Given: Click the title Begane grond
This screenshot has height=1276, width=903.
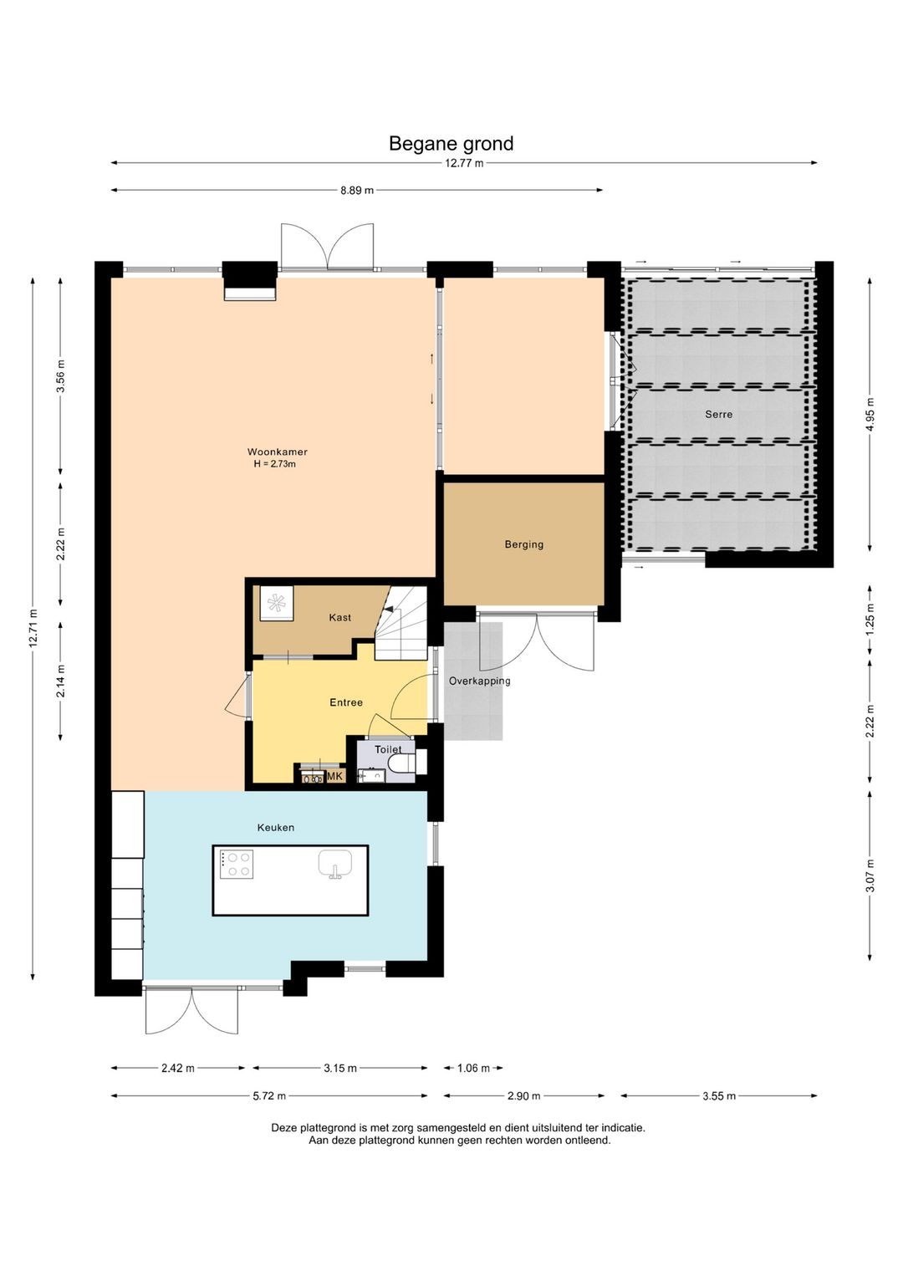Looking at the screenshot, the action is (x=451, y=144).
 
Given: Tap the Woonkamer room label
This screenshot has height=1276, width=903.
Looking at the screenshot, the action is (x=277, y=452).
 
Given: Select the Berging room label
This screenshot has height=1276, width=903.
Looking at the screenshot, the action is (x=523, y=544).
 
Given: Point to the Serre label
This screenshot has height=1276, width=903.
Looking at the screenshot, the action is (x=718, y=414).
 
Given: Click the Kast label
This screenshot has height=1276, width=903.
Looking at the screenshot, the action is (x=339, y=617).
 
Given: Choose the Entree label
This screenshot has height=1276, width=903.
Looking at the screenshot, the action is (x=346, y=702).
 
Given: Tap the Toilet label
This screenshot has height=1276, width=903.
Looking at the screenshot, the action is (x=387, y=750).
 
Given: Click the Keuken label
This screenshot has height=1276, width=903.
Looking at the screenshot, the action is (x=276, y=827).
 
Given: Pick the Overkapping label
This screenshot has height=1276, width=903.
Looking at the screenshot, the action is (x=479, y=681).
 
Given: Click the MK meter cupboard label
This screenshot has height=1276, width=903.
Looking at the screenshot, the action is (x=335, y=776).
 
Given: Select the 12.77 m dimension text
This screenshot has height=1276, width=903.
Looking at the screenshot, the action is (x=464, y=164).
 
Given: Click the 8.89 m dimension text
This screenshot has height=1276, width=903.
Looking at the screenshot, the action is (x=357, y=191).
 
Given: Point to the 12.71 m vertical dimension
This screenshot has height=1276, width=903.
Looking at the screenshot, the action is (x=33, y=628).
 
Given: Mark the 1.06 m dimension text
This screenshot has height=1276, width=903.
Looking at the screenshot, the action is (x=473, y=1068).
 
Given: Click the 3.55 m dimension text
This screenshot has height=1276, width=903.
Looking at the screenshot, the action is (x=719, y=1095).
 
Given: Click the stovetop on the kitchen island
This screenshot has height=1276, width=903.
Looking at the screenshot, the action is (x=237, y=864).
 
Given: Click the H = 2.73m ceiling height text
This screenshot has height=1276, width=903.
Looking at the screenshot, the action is (x=274, y=464).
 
